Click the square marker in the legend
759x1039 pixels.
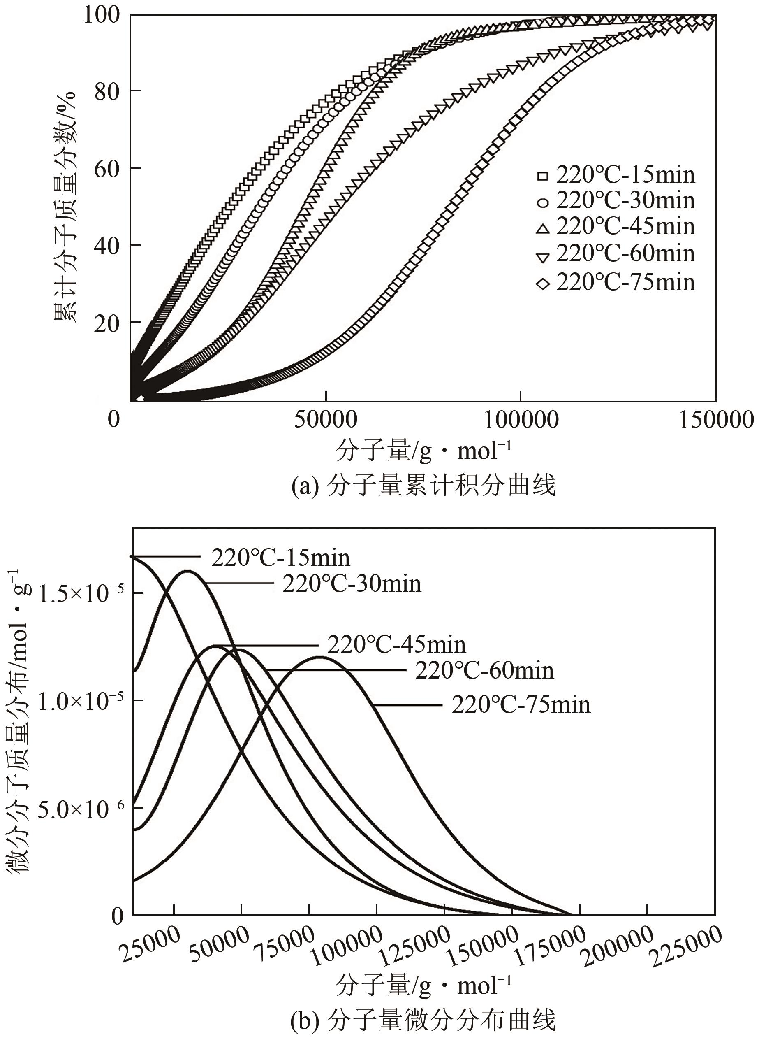(x=543, y=176)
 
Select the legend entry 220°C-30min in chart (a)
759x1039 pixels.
(x=625, y=201)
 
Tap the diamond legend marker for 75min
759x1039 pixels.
(x=543, y=284)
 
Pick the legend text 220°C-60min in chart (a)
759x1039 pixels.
(x=625, y=254)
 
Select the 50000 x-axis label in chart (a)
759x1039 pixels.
(x=326, y=420)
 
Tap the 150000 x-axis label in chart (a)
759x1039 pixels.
(x=715, y=420)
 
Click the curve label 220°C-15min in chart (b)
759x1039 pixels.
(x=280, y=558)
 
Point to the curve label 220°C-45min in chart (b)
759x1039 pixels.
(x=396, y=645)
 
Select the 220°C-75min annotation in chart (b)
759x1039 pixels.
(x=521, y=705)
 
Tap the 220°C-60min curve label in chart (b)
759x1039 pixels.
(x=484, y=671)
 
